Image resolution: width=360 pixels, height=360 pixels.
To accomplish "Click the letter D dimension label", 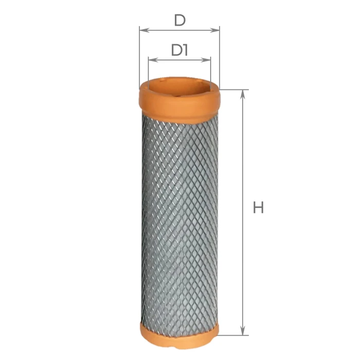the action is pos(180,20).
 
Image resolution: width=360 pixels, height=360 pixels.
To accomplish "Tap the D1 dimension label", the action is pos(179,50).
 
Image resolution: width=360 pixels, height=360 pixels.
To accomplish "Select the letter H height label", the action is pos(258,207).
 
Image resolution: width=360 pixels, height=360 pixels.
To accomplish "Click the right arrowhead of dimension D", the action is pos(215,30).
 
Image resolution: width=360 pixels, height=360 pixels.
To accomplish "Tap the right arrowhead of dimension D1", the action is pos(206,60).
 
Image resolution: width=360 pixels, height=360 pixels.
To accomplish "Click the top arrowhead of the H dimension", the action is pos(243,94).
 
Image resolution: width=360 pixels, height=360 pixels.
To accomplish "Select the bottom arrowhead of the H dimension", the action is pos(243,330).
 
